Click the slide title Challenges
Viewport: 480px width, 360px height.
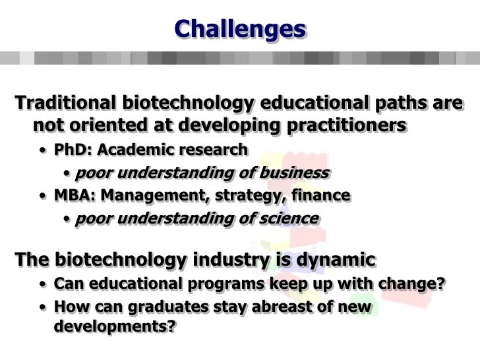point(240,28)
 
